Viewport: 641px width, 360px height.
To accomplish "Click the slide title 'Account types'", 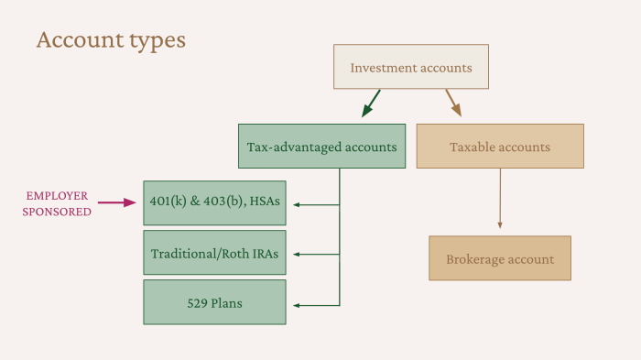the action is click(x=110, y=40).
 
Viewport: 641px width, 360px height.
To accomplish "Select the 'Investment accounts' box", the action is click(x=411, y=67).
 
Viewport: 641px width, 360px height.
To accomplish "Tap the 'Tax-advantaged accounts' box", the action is click(x=321, y=147).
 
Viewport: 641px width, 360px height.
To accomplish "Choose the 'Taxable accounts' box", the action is click(x=500, y=147).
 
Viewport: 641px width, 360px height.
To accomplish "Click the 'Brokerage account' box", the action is click(x=500, y=258).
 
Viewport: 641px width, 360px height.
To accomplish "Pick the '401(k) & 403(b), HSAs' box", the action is click(x=215, y=203).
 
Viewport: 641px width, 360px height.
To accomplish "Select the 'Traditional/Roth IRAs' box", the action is click(x=215, y=254).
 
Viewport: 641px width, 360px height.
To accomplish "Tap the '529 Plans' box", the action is click(x=215, y=302).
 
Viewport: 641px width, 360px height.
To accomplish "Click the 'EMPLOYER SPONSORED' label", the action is click(x=59, y=203).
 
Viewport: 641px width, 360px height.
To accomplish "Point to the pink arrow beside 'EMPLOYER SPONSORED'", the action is click(x=116, y=203).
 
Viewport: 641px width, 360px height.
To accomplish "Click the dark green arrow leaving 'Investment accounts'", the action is click(x=371, y=103).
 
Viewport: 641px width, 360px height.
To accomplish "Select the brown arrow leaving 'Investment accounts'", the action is click(x=453, y=103).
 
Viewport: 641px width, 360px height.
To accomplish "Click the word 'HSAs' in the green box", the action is click(x=262, y=203).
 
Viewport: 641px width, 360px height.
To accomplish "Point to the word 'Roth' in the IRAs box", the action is click(x=238, y=254).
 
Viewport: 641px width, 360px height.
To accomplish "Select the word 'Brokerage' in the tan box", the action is click(x=473, y=259).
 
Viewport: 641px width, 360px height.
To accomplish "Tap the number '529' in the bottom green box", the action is click(x=196, y=302).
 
